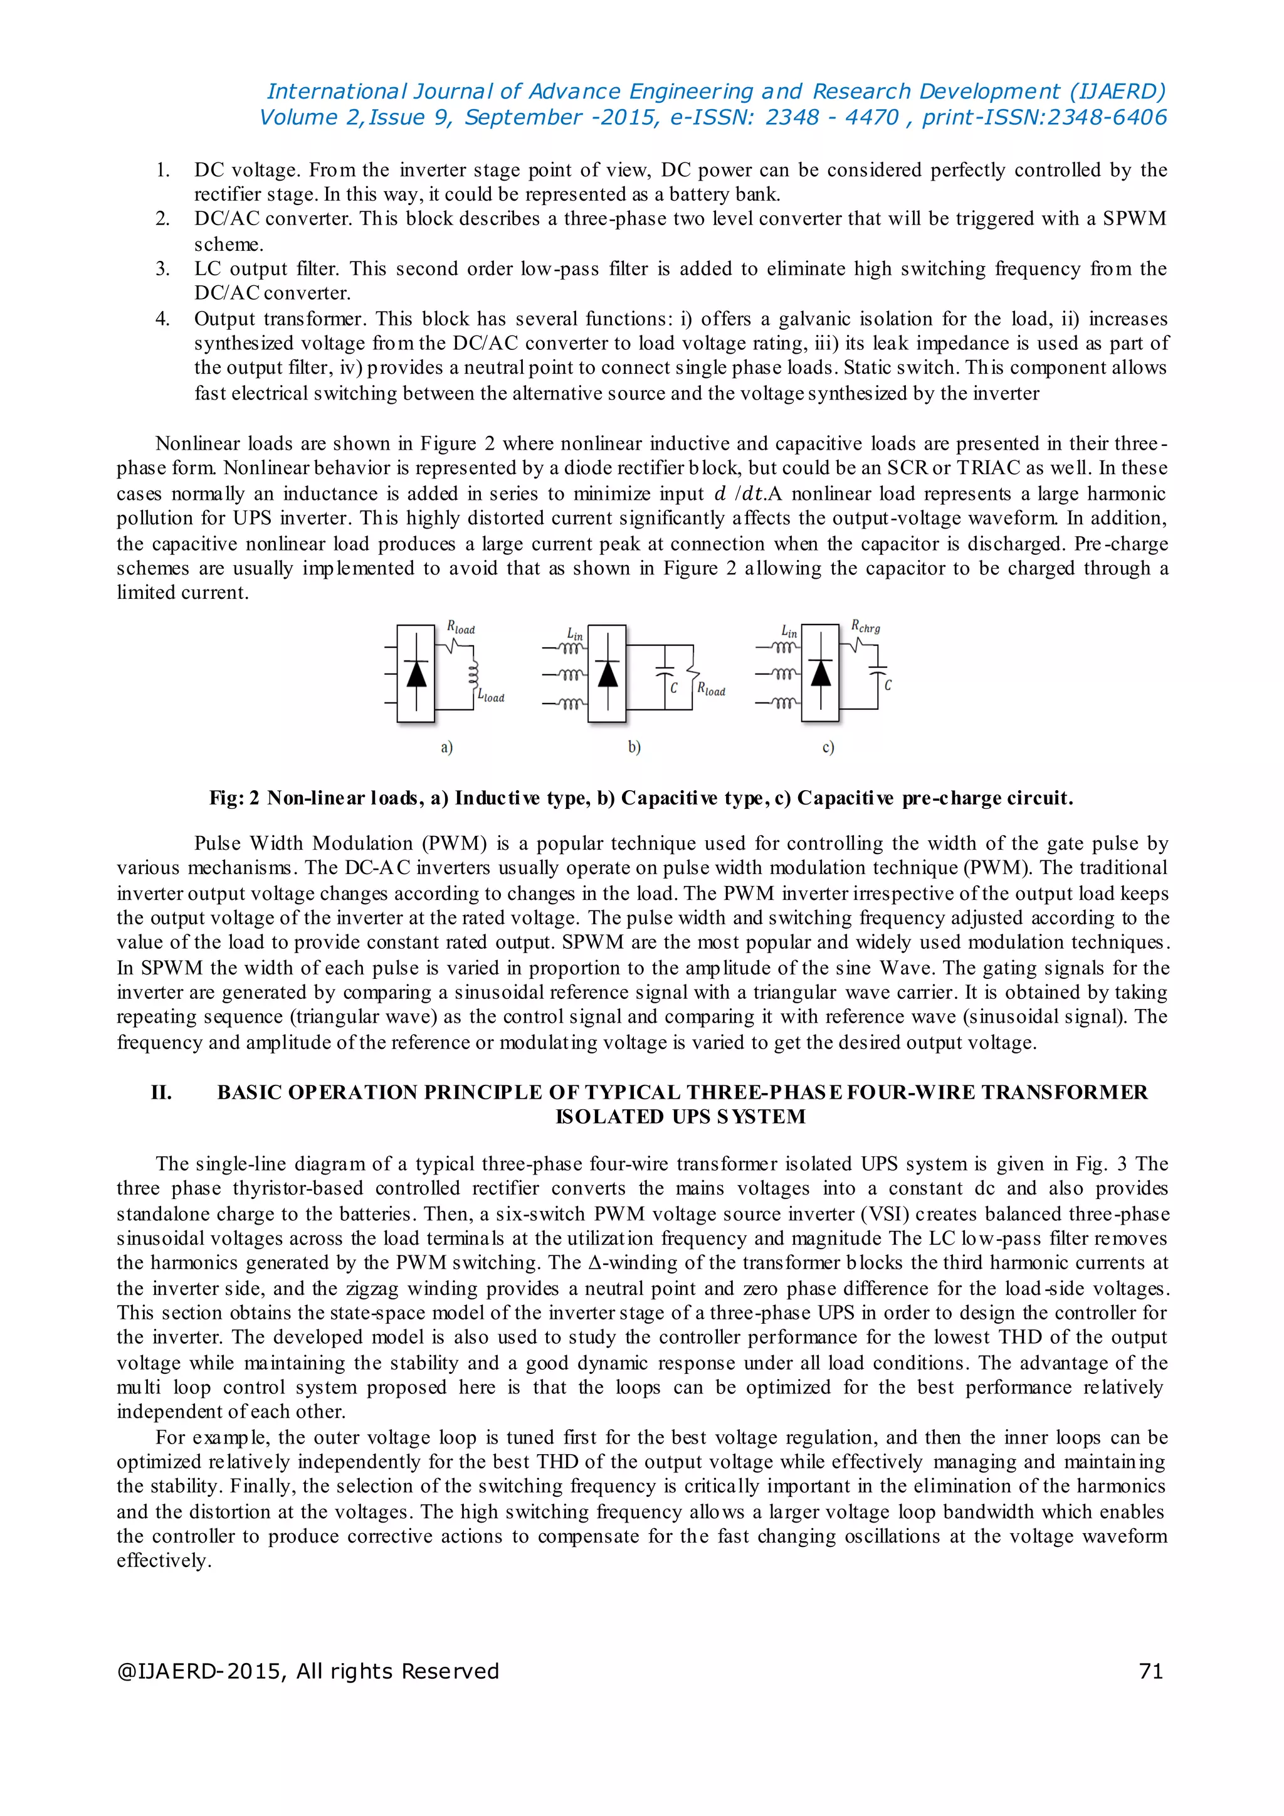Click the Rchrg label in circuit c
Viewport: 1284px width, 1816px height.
pos(865,626)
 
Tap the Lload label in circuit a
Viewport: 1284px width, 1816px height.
pos(490,696)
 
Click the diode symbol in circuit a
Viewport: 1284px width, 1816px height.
pos(416,673)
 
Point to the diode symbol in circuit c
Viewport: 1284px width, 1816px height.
pos(821,673)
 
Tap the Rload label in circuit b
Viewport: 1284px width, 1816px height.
pos(711,690)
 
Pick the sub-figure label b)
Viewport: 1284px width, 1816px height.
pos(634,747)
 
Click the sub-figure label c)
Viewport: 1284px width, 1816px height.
pos(828,747)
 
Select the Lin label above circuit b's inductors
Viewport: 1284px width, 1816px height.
pos(575,633)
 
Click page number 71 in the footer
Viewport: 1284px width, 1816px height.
pos(1150,1671)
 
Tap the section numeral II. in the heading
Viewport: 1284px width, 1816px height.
pos(161,1092)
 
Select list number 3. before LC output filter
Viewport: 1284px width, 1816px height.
pos(162,269)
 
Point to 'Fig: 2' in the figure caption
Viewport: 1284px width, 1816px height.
pos(234,798)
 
